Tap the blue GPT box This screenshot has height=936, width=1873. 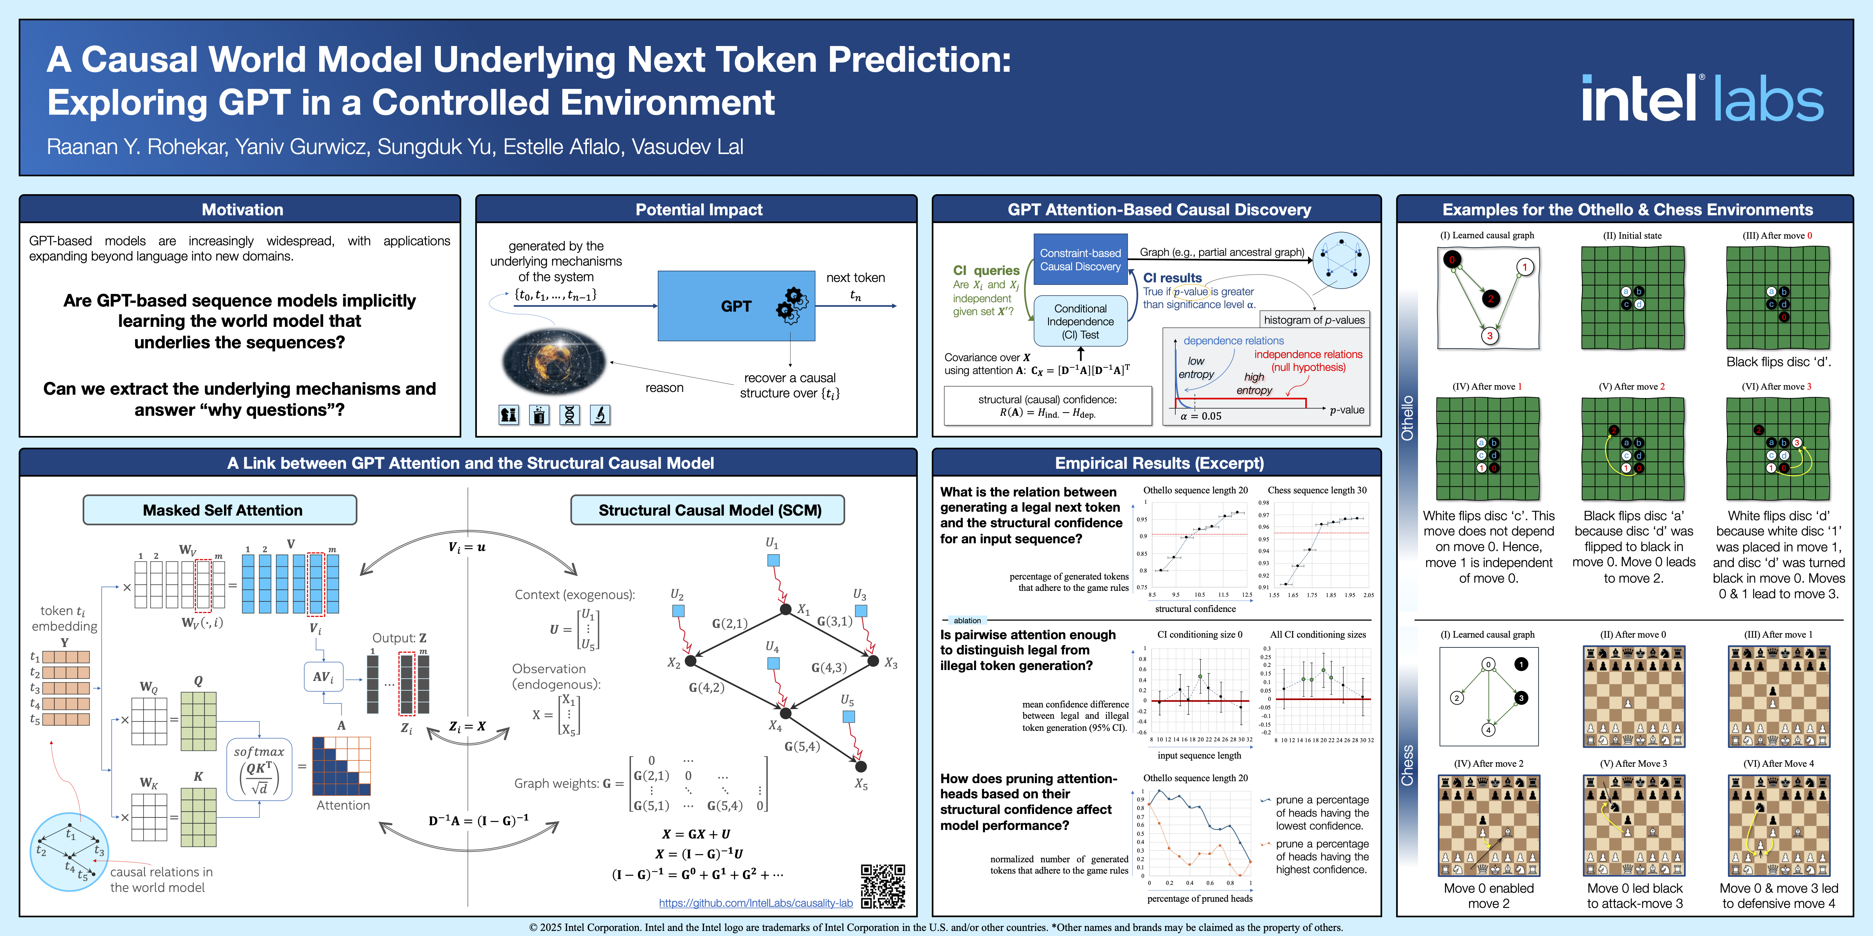[x=736, y=306]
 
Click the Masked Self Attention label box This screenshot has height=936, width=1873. [x=220, y=510]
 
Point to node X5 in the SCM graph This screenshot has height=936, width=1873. [x=861, y=767]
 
